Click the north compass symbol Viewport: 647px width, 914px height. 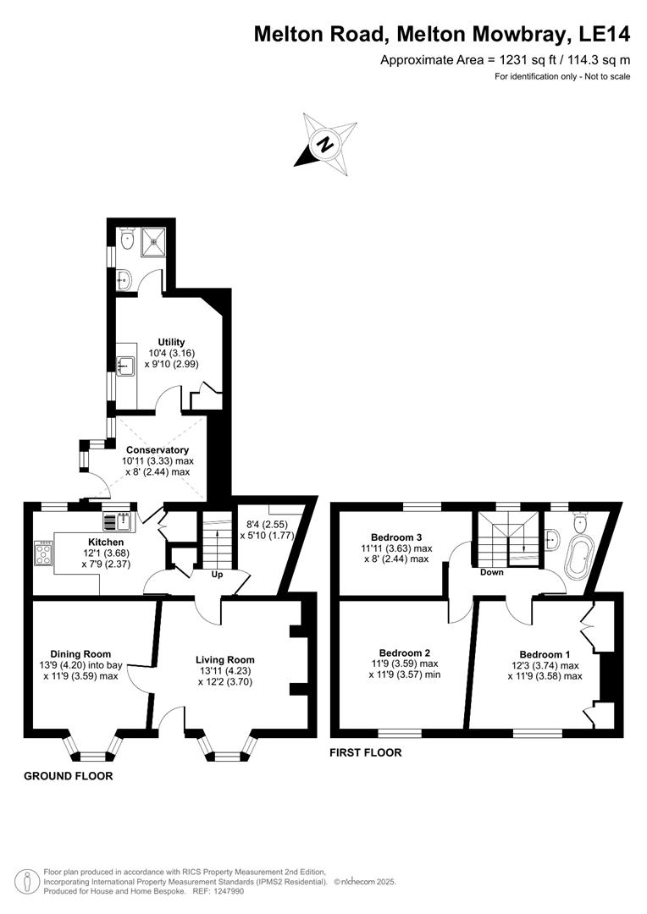coord(324,145)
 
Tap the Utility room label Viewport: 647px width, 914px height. coord(171,342)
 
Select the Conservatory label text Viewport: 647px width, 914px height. coord(157,449)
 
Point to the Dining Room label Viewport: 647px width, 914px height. coord(80,653)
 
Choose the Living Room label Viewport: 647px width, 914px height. coord(224,659)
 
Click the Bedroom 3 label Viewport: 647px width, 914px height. coord(396,537)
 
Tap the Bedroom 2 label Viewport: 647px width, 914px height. coord(404,652)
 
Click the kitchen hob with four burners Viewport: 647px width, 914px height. coord(42,554)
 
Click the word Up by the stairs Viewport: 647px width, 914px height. coord(217,574)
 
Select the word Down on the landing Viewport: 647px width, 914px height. coord(491,572)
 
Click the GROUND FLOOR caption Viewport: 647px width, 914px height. coord(68,775)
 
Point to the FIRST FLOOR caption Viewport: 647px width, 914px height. coord(366,752)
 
